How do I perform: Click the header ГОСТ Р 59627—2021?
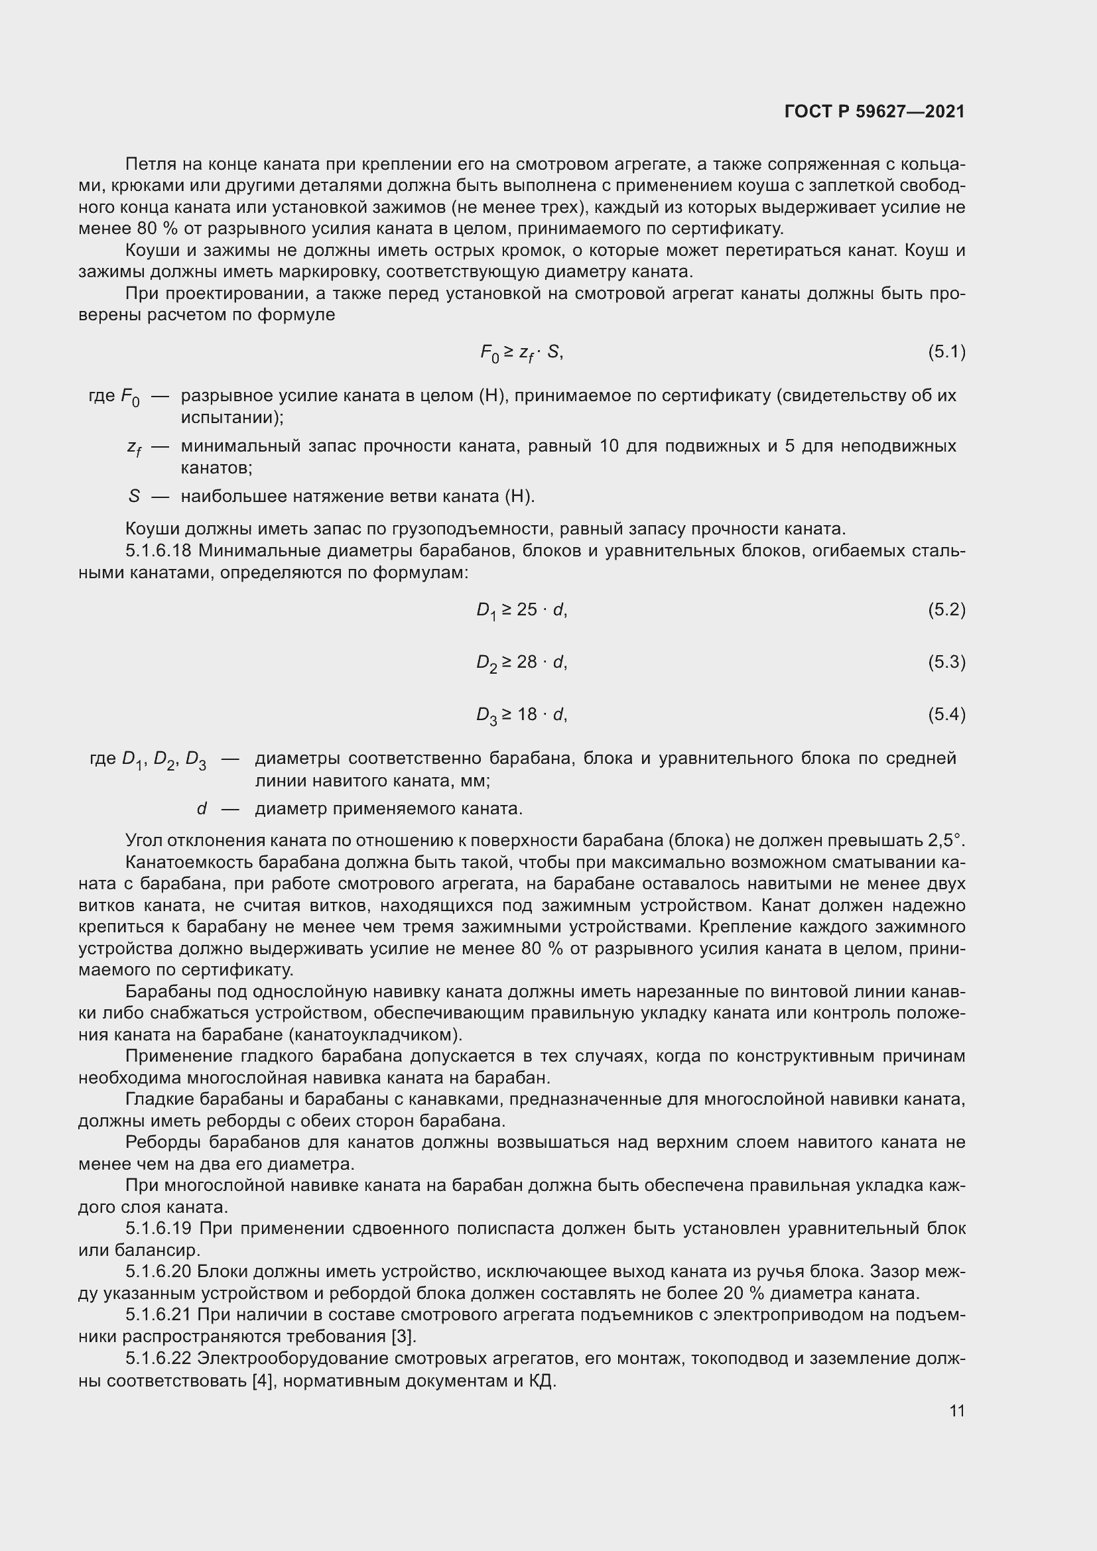875,112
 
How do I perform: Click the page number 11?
956,1410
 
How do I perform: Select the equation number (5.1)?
946,351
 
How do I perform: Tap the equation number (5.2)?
946,609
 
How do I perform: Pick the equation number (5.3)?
946,661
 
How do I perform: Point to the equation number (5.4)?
946,714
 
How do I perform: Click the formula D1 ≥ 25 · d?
521,611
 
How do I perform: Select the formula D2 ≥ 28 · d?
521,662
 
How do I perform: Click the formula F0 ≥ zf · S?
521,353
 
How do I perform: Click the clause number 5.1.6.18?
159,550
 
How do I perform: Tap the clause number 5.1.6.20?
159,1271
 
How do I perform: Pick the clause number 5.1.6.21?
159,1314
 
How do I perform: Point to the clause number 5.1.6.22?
159,1358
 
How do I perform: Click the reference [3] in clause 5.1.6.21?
404,1336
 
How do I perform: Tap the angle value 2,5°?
945,840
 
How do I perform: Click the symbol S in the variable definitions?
134,497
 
